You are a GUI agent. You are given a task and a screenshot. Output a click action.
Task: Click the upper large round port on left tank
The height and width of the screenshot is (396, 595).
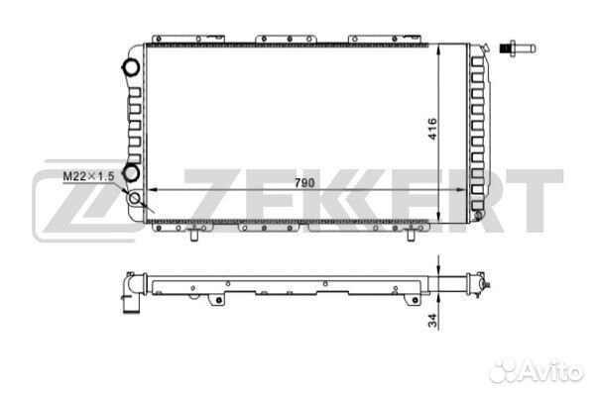[130, 66]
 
